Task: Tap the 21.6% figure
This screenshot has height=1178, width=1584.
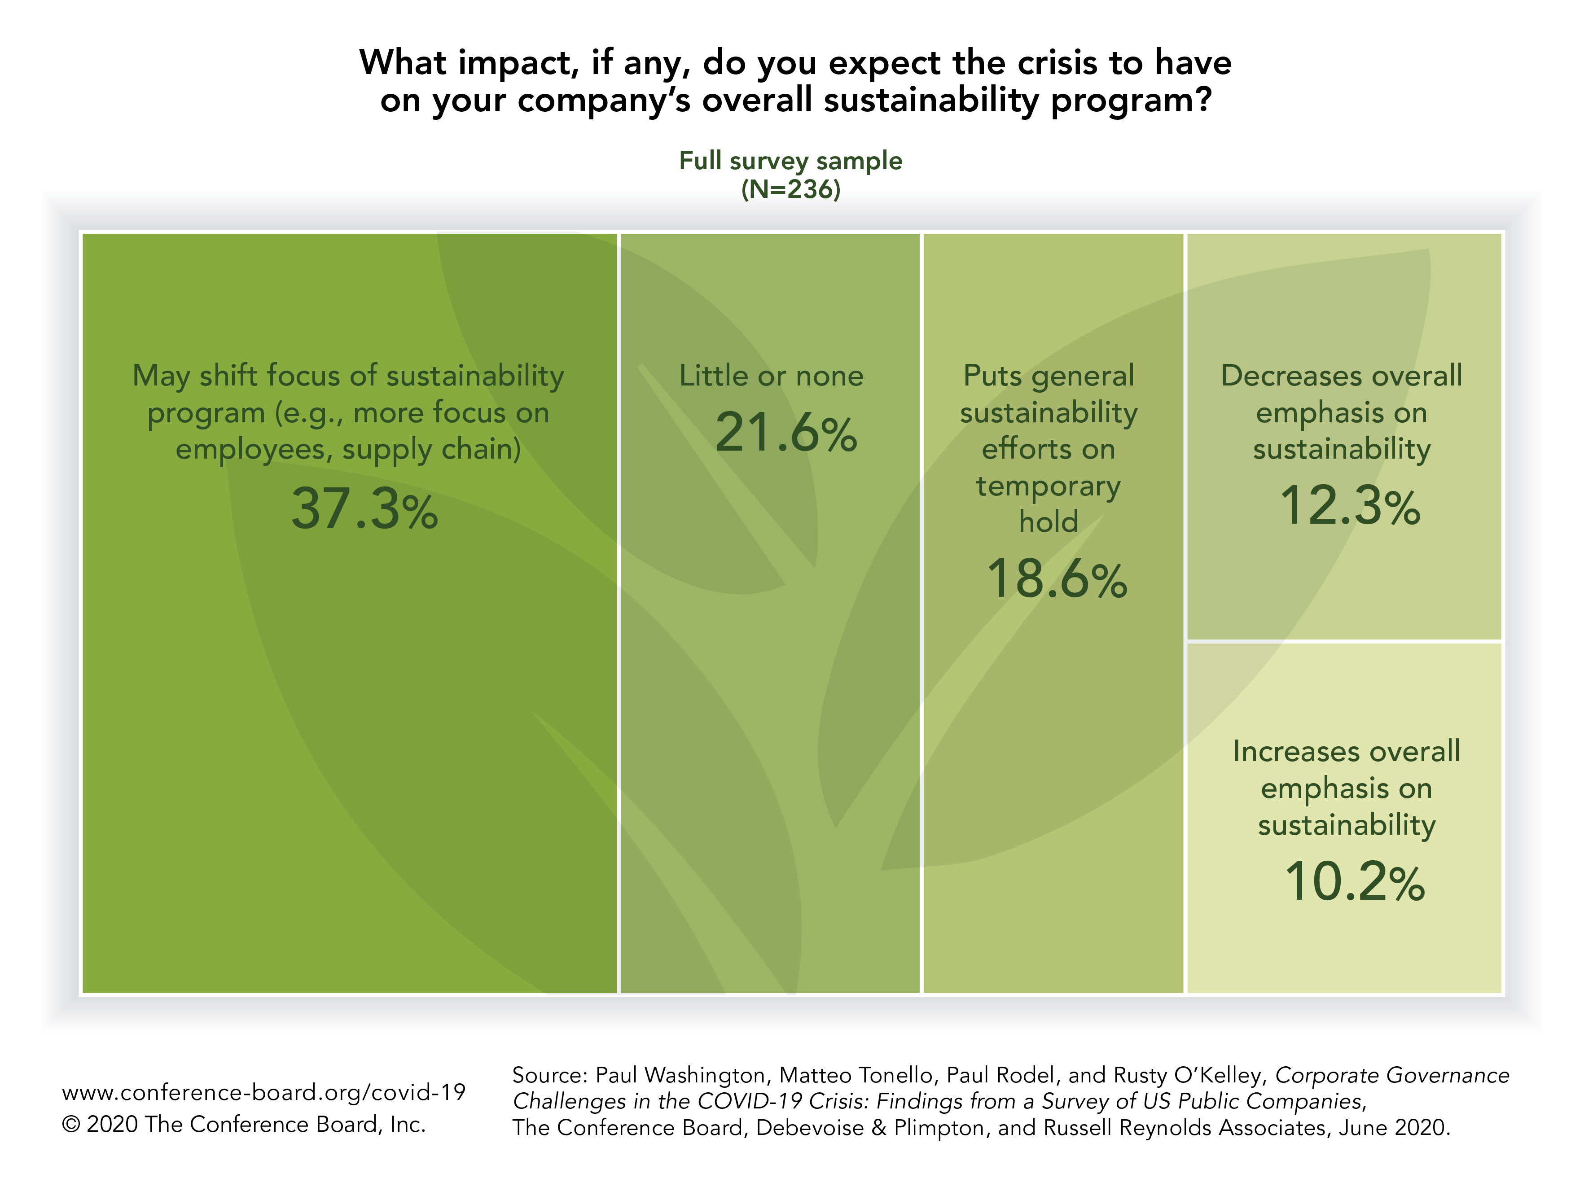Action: [x=786, y=432]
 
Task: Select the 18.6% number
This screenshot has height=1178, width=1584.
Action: [x=1056, y=578]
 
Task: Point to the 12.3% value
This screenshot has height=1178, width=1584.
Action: [x=1349, y=506]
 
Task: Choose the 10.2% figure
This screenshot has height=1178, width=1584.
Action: [x=1354, y=882]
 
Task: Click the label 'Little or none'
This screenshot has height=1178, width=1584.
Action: [x=771, y=376]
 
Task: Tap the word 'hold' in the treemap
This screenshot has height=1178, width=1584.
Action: [x=1049, y=521]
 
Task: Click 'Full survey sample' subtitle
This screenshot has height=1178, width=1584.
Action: [x=790, y=161]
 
